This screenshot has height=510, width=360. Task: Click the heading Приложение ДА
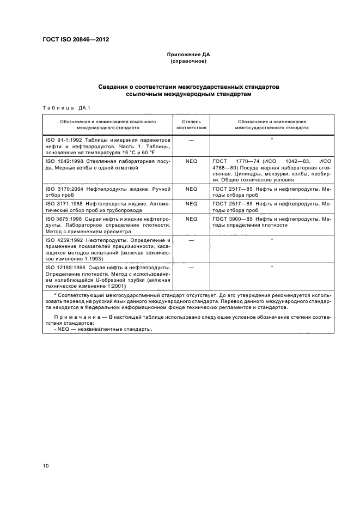point(187,55)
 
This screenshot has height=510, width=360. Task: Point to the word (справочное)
point(187,61)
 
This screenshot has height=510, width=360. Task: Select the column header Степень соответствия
point(191,124)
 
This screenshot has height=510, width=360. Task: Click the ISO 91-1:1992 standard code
point(64,139)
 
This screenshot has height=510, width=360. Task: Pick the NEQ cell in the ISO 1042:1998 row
point(191,162)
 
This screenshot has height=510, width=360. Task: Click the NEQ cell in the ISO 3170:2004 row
point(191,189)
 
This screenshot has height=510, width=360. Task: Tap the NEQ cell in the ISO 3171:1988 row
point(191,203)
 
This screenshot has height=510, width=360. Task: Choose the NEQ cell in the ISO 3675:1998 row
point(191,218)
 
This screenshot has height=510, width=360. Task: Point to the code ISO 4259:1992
point(64,239)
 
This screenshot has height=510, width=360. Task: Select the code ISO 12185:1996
point(66,267)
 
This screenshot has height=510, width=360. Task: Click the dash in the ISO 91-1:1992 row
point(191,140)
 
